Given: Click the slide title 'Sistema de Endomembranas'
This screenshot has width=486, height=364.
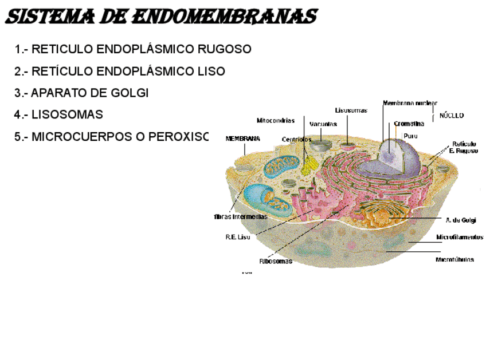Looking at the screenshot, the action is [x=161, y=17].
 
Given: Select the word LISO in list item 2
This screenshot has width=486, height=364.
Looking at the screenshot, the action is [x=210, y=72].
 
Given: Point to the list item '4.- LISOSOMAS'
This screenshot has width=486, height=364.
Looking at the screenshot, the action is [x=59, y=114].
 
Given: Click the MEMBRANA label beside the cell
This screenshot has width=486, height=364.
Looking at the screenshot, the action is [x=243, y=139].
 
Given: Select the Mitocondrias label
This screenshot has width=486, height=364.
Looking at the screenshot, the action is [x=276, y=121].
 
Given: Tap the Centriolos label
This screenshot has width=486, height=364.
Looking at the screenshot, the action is [x=297, y=139].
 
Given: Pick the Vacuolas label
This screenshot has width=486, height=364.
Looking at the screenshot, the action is [x=323, y=124].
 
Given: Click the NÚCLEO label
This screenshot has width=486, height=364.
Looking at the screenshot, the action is [x=452, y=116].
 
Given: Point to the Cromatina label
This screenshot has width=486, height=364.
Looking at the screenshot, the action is [x=409, y=124].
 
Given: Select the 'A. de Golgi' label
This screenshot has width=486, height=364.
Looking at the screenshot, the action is [x=460, y=220].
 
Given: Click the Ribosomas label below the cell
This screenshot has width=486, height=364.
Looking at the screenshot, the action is [x=276, y=262].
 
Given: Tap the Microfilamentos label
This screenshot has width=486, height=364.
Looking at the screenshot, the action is [x=459, y=237].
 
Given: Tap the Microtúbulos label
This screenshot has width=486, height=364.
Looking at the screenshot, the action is [x=455, y=259].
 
